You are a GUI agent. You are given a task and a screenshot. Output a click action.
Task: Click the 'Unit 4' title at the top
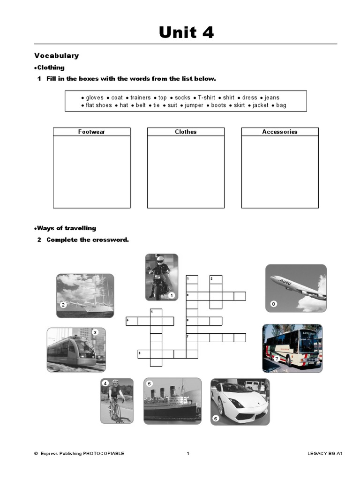(186, 32)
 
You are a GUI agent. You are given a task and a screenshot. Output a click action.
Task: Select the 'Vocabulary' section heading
(56, 56)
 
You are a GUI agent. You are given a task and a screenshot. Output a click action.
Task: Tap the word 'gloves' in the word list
(94, 97)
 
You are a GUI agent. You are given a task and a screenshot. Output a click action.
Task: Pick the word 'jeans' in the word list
(272, 97)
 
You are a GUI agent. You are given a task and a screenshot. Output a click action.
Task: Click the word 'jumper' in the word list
(194, 105)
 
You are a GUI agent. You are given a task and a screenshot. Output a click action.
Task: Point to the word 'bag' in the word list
(281, 105)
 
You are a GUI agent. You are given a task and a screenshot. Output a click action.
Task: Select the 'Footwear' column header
(91, 132)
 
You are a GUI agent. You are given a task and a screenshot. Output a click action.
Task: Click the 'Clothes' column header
(186, 132)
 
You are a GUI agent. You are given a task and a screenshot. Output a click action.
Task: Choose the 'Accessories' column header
(280, 132)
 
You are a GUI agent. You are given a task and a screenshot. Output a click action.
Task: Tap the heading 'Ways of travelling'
(66, 228)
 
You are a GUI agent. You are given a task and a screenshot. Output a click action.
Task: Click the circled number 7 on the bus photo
(277, 359)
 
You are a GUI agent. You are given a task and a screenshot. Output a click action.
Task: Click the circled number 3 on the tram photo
(95, 332)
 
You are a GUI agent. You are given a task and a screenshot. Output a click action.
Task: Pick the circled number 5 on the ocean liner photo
(150, 383)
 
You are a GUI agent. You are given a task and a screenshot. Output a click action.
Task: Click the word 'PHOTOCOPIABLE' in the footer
(104, 454)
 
